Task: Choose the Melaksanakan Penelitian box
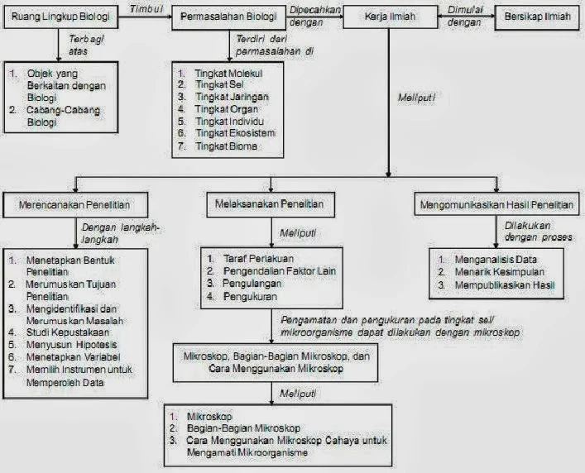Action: (x=269, y=203)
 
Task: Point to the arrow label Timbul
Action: (x=147, y=7)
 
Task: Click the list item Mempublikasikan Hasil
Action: (x=508, y=285)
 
